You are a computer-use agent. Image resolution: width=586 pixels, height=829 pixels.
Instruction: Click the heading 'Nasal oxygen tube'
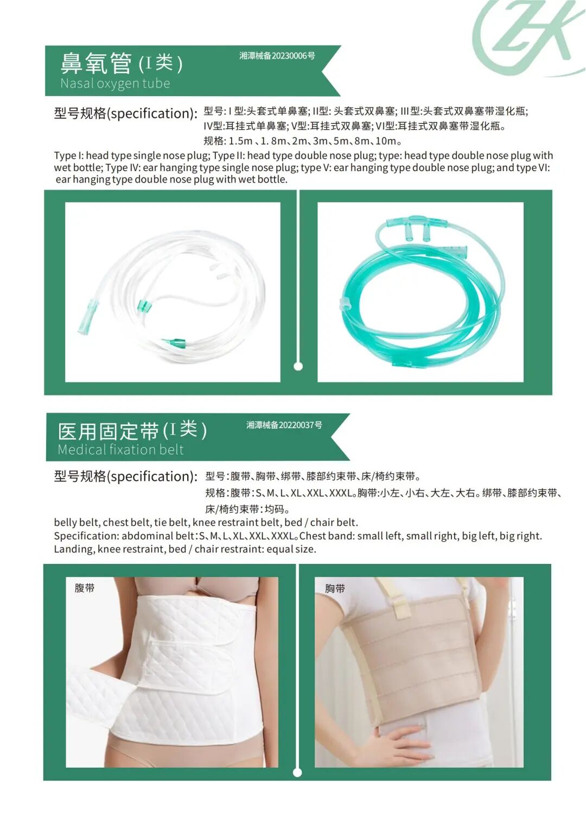[x=115, y=84]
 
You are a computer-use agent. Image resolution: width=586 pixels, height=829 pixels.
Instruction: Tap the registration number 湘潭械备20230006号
[x=277, y=56]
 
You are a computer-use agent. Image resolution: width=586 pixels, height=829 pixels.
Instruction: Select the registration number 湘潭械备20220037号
[x=284, y=425]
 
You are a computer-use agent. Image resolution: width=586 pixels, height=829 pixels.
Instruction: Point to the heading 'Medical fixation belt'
[x=120, y=450]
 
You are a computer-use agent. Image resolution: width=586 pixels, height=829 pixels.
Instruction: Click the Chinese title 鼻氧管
[x=95, y=63]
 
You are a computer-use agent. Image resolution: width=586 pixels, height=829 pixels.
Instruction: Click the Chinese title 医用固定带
[x=108, y=431]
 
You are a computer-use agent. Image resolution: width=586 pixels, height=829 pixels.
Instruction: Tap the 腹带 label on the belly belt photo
[x=85, y=588]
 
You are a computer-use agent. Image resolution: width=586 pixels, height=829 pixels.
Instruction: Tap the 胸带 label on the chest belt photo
[x=335, y=588]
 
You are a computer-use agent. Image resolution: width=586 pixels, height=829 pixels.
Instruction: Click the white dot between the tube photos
[x=298, y=366]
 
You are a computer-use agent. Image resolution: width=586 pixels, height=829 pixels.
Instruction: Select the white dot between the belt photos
[x=297, y=773]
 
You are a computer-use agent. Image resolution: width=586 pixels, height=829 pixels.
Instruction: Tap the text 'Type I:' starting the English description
[x=69, y=155]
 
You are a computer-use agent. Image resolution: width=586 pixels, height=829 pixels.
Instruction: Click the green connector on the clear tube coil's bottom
[x=175, y=342]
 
